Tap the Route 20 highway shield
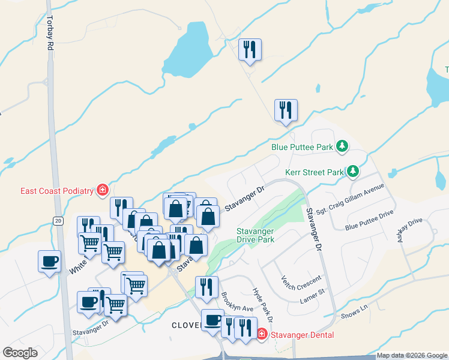pos(58,221)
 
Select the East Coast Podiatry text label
pos(57,191)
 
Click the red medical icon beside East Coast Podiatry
pos(103,190)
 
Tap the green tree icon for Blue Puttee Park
pos(342,146)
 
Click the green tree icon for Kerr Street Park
pos(354,172)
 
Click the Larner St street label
pos(312,292)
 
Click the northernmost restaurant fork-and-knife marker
pos(250,49)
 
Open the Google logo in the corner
pos(20,353)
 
